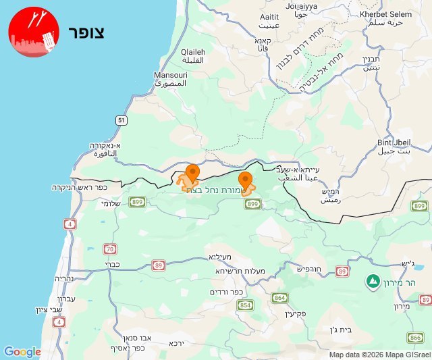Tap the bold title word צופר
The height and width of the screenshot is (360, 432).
click(x=86, y=32)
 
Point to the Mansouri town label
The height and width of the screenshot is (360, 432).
click(x=166, y=79)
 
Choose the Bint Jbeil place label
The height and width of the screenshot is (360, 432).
click(x=393, y=146)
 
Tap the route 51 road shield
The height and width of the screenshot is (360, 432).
click(x=121, y=120)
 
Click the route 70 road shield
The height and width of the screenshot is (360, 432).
click(x=110, y=249)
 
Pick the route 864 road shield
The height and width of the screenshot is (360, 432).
click(x=280, y=297)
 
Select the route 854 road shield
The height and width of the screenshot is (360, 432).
click(x=246, y=305)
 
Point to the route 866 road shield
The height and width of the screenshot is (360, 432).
click(x=415, y=337)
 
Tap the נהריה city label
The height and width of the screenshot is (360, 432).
click(x=64, y=278)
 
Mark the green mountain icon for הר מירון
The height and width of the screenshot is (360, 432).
click(x=372, y=280)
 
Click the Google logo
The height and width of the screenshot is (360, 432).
click(x=22, y=351)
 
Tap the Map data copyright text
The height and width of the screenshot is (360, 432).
click(x=379, y=355)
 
